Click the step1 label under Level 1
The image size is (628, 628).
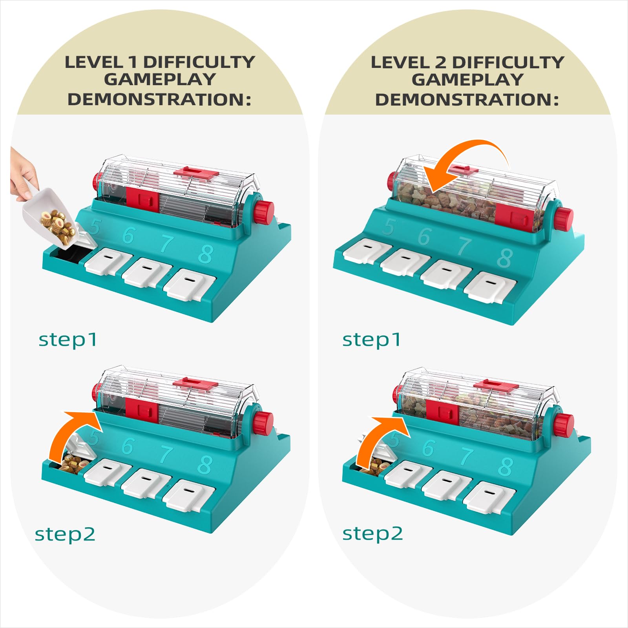(x=68, y=340)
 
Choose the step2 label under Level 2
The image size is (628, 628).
(x=372, y=534)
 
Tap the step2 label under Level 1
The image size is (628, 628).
(x=65, y=534)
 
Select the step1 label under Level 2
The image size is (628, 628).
(x=371, y=340)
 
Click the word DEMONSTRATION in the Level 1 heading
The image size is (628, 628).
(x=159, y=99)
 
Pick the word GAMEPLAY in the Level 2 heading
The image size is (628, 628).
(x=467, y=80)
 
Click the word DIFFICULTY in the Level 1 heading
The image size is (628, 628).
(x=199, y=62)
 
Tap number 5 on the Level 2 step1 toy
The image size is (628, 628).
(x=390, y=227)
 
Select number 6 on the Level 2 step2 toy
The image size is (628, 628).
(x=429, y=448)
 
